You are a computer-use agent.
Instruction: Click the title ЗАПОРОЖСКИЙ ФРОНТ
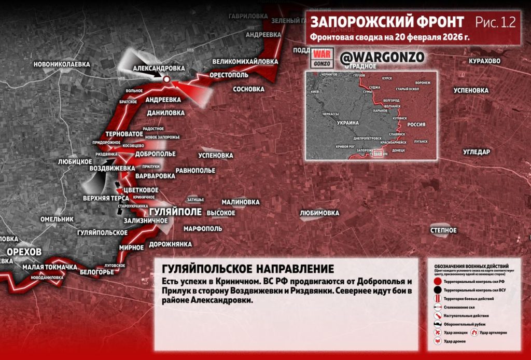387,22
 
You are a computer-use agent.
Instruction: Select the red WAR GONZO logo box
322,58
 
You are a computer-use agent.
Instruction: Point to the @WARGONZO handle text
382,57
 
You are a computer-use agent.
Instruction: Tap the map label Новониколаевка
61,64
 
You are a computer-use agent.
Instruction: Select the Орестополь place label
230,75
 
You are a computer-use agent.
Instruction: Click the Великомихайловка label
245,61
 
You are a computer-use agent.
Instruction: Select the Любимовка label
319,213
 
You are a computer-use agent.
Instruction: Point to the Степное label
443,230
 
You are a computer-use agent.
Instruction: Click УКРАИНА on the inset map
347,123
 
